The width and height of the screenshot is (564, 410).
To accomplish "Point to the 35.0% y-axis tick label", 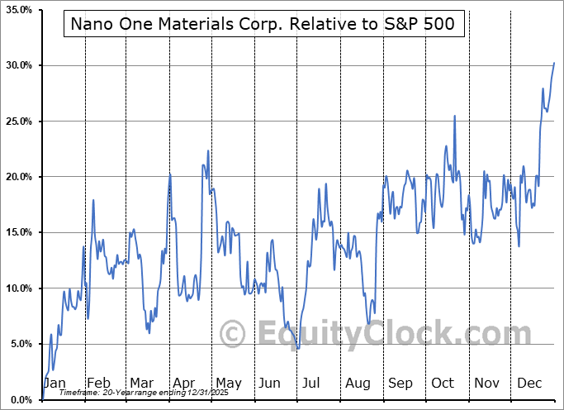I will pos(17,10).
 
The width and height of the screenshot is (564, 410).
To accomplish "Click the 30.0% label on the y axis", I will pos(17,65).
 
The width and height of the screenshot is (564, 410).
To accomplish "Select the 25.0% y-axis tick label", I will pos(17,122).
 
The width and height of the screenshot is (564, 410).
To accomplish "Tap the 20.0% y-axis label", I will pos(17,177).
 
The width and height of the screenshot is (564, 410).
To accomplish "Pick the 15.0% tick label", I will pos(17,232).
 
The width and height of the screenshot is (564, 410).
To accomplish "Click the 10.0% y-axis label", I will pos(17,288).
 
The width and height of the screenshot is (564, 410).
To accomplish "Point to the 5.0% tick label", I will pos(20,344).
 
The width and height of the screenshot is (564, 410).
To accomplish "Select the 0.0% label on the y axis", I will pos(20,399).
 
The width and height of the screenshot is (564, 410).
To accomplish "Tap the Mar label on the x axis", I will pos(141,384).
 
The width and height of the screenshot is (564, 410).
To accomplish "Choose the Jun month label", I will pos(270,384).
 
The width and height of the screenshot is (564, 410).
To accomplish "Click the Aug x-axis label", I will pos(358,384).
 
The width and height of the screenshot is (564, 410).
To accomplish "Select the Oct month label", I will pos(443,384).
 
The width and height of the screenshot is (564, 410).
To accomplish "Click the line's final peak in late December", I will pos(554,63).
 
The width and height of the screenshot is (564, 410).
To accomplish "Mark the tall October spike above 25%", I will pos(454,116).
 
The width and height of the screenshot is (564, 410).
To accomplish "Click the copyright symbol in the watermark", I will pos(234,335).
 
